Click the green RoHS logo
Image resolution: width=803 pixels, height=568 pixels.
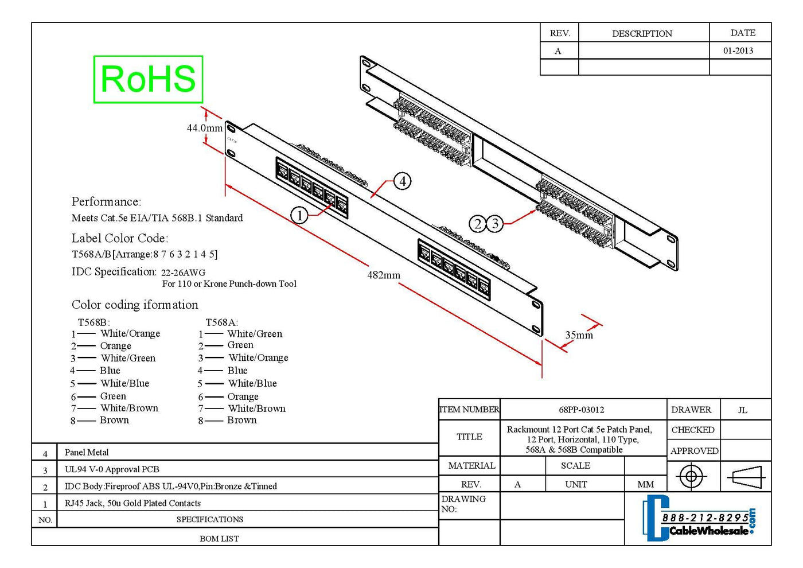click(148, 79)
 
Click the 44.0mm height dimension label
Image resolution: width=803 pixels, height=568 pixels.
click(205, 128)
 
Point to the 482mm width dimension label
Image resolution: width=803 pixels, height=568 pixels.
click(384, 275)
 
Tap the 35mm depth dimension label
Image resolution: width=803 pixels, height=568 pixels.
click(579, 335)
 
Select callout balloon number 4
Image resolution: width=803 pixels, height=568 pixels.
click(403, 181)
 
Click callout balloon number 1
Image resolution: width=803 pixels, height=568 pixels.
click(299, 216)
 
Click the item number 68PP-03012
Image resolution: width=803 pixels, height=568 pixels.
click(582, 410)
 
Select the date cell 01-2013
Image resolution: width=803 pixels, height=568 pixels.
click(738, 50)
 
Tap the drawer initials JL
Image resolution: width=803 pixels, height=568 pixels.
click(743, 410)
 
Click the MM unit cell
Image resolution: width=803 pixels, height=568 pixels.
click(645, 484)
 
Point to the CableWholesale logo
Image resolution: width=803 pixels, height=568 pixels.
click(699, 518)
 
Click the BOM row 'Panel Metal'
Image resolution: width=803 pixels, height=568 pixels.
click(87, 452)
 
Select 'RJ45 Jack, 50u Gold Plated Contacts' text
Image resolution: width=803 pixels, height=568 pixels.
click(132, 503)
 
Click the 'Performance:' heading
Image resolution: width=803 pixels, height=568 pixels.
click(107, 201)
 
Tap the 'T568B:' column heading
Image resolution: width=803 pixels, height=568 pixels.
click(94, 322)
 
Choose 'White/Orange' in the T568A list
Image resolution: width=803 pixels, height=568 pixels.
click(259, 357)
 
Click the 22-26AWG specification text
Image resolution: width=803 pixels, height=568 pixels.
click(183, 273)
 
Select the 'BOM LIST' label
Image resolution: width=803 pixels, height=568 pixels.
click(219, 538)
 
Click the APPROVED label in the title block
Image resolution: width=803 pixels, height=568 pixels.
click(695, 451)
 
